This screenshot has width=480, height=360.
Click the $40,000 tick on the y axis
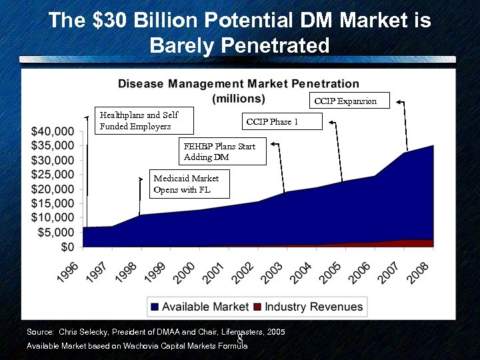point(53,131)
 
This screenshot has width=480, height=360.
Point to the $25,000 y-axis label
point(53,175)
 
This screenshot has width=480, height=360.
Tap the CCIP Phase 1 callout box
point(281,121)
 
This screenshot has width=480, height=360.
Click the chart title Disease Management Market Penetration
point(239,84)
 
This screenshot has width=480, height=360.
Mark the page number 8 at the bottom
point(239,339)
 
